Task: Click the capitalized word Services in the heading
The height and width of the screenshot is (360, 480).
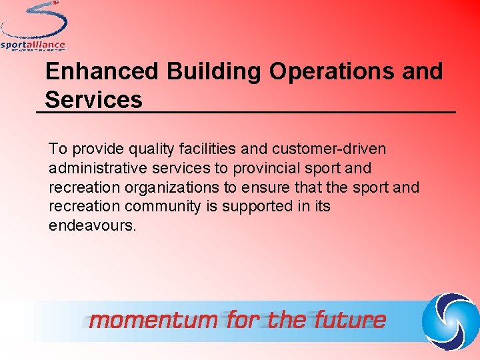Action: point(93,100)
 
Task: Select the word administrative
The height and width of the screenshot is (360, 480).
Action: point(97,169)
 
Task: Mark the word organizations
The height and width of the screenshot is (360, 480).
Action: point(179,188)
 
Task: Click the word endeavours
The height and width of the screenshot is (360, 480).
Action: point(92,225)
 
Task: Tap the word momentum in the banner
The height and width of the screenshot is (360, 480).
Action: point(153,320)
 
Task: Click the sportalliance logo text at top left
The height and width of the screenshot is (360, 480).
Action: point(33,45)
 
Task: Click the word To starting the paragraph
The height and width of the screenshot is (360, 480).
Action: point(57,150)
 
